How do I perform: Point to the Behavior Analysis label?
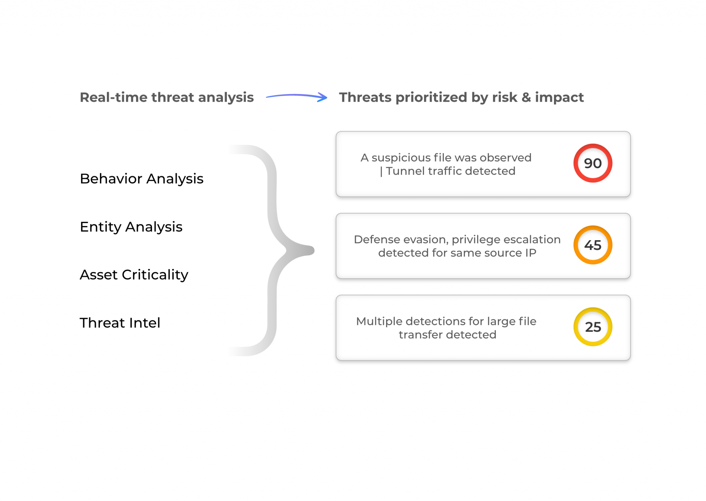[142, 179]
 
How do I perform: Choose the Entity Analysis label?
[131, 227]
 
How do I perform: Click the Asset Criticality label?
[134, 275]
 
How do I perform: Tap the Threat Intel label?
[120, 323]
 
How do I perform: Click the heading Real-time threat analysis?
[167, 98]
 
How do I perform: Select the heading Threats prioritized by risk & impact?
[461, 98]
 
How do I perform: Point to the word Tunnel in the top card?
[405, 171]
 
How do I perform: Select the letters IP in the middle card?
[531, 253]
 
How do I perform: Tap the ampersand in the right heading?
[526, 98]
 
